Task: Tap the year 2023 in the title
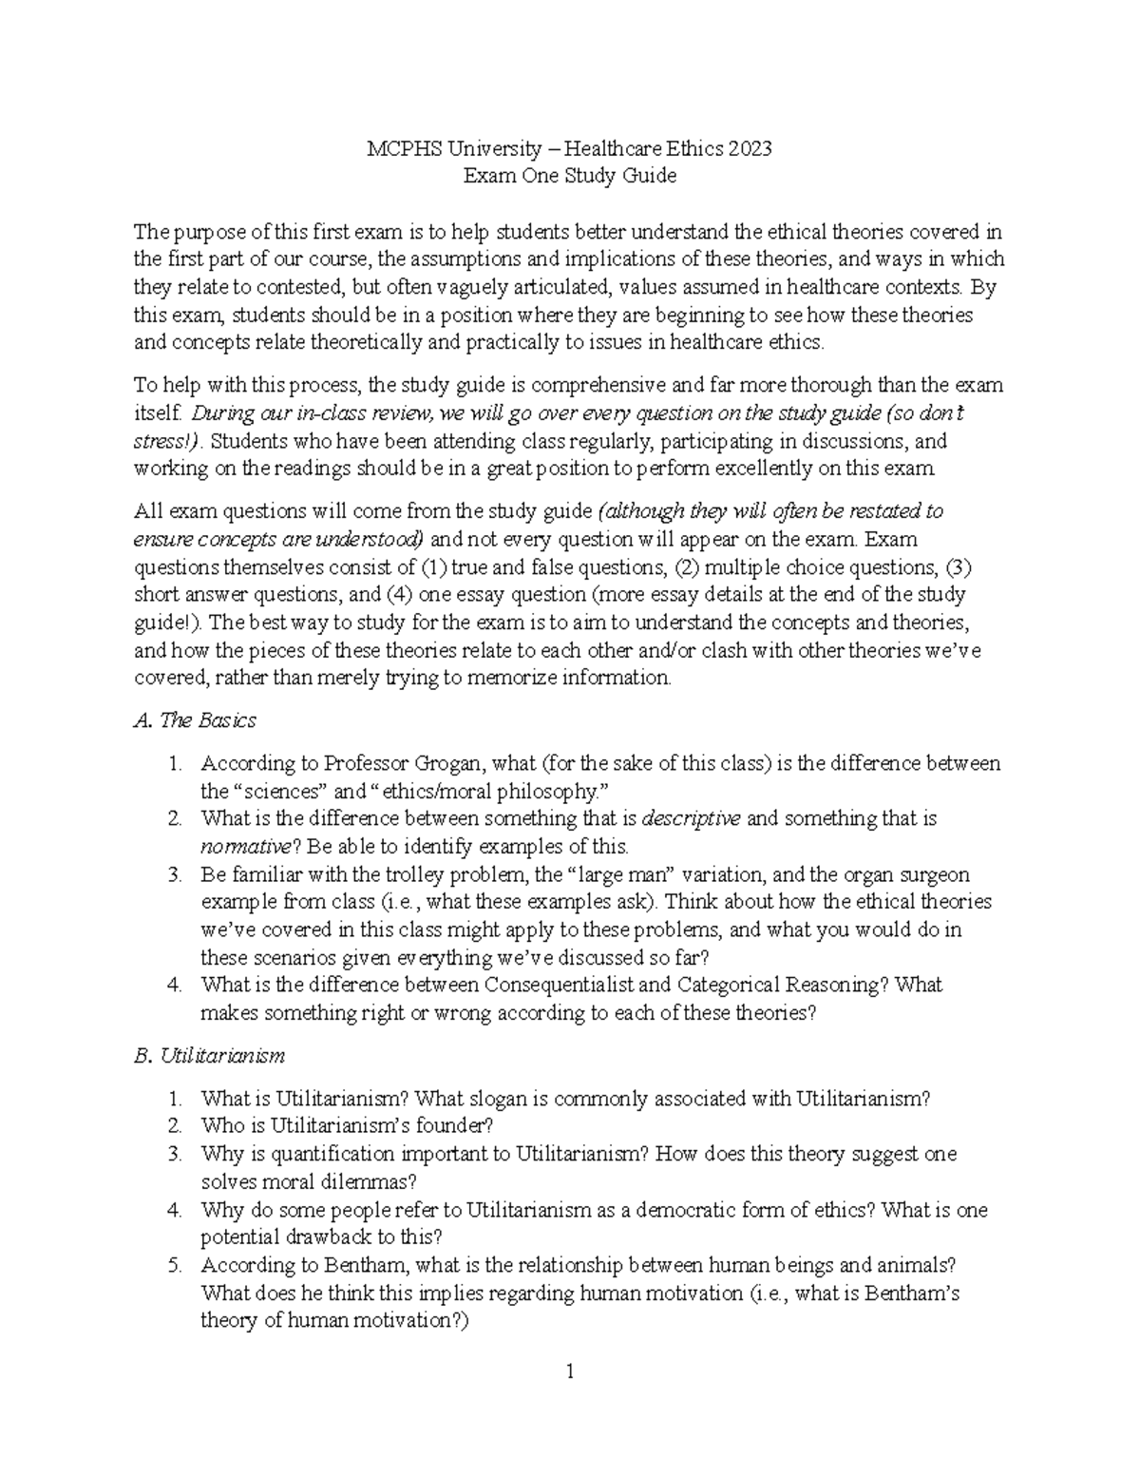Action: pyautogui.click(x=750, y=148)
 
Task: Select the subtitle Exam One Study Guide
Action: pyautogui.click(x=569, y=176)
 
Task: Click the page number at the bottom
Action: pyautogui.click(x=570, y=1371)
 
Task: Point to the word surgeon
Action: pyautogui.click(x=935, y=874)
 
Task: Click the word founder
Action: pyautogui.click(x=459, y=1126)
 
